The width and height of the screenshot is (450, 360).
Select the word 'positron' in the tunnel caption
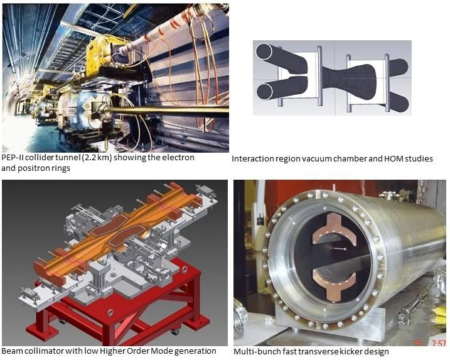(35, 168)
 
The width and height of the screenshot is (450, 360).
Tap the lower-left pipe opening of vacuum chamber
(265, 91)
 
